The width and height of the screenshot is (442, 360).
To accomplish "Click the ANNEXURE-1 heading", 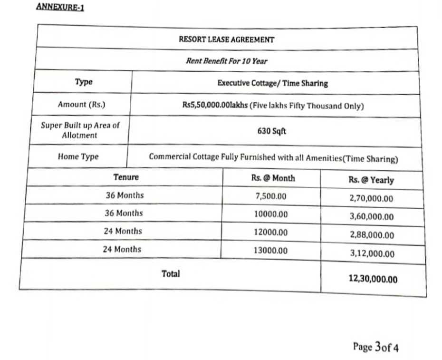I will point(60,8).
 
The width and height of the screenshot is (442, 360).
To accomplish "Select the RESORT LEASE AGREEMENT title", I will point(226,39).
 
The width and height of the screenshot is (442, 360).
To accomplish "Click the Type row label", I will point(84,82).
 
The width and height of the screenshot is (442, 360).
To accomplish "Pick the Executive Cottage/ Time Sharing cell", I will point(272,83).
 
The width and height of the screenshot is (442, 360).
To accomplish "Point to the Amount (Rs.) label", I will point(81,105).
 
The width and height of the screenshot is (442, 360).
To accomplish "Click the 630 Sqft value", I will point(272,131).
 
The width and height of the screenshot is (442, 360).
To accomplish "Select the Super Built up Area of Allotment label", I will point(80,130).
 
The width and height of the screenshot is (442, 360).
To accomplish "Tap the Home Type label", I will point(78,156).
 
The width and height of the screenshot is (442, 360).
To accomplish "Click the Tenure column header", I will point(126,177).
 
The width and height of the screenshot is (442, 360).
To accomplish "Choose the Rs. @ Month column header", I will point(273,178).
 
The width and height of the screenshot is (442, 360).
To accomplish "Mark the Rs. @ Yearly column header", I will point(371,180).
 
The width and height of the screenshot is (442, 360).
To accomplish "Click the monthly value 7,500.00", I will point(271,196).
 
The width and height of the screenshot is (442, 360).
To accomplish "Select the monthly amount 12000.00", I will point(270,232).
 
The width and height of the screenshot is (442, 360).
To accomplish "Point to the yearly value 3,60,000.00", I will point(372,217).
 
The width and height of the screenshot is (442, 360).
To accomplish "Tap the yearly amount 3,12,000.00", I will point(372,254).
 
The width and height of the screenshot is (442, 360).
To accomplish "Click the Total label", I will point(171,274).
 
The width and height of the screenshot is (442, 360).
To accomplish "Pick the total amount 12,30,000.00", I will point(373,279).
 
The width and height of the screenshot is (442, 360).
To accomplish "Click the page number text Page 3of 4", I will point(375,347).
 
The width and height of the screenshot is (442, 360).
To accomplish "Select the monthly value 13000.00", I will point(270,250).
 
